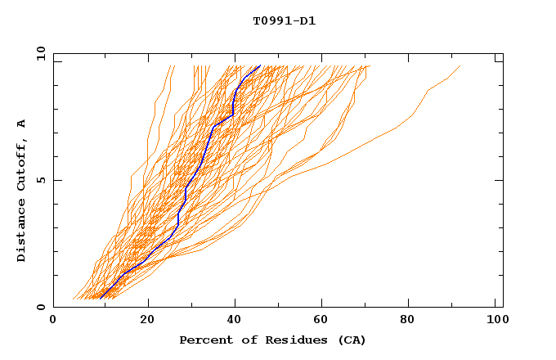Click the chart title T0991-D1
(284, 20)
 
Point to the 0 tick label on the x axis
(53, 322)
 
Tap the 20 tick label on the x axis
(147, 322)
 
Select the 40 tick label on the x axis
(236, 322)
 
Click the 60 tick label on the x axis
(325, 322)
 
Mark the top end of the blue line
(260, 65)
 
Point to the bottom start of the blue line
(100, 298)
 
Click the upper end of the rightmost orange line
(460, 65)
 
